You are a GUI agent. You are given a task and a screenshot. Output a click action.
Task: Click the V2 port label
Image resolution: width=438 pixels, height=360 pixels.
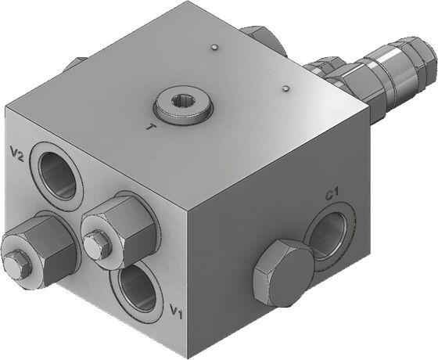click(16, 153)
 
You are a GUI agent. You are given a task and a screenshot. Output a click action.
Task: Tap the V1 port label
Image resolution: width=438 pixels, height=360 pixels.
click(176, 311)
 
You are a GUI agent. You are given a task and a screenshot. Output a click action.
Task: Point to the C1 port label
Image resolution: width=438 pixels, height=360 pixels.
click(332, 194)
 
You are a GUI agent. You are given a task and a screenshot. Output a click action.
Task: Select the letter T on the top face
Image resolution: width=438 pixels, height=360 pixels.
click(151, 128)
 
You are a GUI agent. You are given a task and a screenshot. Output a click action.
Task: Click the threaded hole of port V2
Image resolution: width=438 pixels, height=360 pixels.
click(58, 175)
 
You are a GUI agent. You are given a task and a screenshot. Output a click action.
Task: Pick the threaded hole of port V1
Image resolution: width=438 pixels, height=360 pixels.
click(138, 288)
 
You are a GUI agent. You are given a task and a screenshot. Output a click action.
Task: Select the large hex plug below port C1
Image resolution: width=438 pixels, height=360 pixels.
click(283, 273)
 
